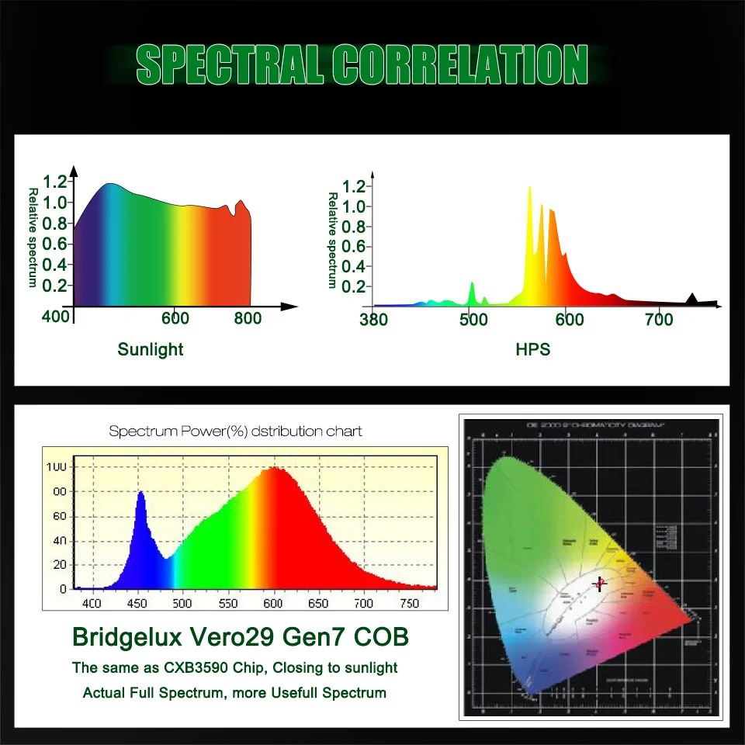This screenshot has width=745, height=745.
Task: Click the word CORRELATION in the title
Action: [462, 64]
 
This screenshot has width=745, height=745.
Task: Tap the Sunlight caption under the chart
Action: [151, 349]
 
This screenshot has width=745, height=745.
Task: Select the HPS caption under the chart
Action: [532, 349]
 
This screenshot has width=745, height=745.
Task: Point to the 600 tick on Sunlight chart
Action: [175, 319]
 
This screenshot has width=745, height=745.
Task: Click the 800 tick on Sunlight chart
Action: [248, 319]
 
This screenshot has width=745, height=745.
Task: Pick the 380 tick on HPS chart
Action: [375, 319]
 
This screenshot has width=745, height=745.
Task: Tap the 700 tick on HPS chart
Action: [660, 319]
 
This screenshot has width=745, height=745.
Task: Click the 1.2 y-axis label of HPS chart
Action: [354, 186]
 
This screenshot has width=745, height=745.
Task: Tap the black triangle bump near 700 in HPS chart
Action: [692, 299]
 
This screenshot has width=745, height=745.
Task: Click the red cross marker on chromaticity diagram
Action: [599, 584]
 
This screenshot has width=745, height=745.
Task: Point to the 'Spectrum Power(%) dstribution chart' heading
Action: [235, 431]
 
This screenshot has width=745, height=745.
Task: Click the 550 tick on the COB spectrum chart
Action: [228, 603]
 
